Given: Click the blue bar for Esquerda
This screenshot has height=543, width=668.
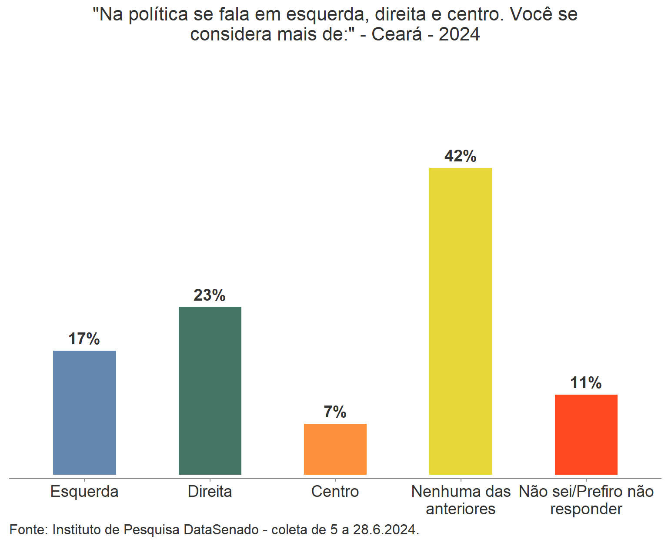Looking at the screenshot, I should point(84,412).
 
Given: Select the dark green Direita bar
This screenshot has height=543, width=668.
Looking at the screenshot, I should point(210,390).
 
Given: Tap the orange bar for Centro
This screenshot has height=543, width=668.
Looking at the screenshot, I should point(335,449).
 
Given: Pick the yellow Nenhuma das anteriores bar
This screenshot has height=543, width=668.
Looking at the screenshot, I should point(461,321).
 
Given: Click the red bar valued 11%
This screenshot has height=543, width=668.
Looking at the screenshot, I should point(586,434).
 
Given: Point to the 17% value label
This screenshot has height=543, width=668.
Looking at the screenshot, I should point(84,339).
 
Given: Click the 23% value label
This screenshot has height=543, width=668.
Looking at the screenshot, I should point(210,295).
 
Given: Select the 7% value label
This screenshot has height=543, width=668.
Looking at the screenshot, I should point(335,412).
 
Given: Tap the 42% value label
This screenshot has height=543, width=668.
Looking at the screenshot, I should point(461,156).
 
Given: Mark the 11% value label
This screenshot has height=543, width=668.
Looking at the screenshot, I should point(586,383).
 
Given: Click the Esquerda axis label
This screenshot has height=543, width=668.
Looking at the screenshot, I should point(84,492).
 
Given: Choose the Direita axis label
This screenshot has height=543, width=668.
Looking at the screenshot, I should point(210,492).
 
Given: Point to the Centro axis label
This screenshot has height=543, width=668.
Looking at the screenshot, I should point(335,492).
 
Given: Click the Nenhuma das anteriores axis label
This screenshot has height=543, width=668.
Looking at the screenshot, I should point(461,500).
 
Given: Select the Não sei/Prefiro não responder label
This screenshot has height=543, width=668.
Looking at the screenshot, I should point(586,500).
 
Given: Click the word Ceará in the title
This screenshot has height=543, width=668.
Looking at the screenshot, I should point(396,34).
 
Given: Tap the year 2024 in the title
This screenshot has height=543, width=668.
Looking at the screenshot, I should point(459,34).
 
